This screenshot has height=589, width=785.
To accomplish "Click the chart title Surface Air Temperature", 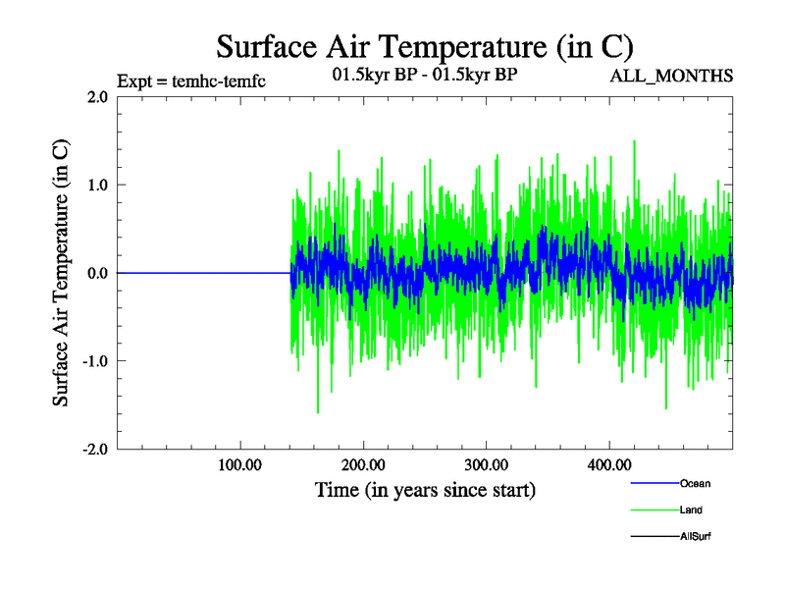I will tap(424, 46).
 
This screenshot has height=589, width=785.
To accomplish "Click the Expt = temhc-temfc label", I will tap(190, 80).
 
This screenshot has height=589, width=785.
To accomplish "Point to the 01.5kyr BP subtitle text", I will tap(425, 75).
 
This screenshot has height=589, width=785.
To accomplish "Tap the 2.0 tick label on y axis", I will tap(97, 97).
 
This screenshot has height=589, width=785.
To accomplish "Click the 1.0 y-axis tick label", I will tap(97, 185).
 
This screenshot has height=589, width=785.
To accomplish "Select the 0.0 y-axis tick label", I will tap(97, 273).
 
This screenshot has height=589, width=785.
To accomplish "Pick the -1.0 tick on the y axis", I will tap(94, 360).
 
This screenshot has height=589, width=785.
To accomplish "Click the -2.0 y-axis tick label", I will tap(94, 449).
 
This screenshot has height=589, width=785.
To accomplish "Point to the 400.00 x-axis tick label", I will tap(608, 465).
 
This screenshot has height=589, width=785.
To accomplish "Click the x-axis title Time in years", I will tap(425, 489).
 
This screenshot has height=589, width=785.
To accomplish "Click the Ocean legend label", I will tap(695, 483).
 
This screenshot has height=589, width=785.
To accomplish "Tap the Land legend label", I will tap(691, 509).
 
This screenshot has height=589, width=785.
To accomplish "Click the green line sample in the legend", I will tap(654, 509).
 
